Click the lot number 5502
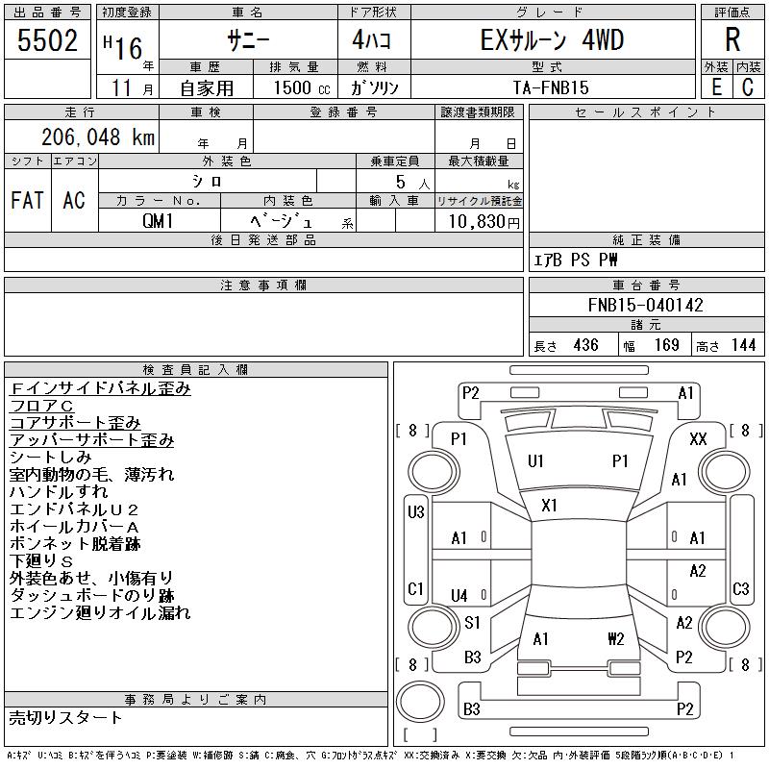(x=47, y=40)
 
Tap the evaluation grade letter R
(x=732, y=39)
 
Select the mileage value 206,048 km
(x=98, y=136)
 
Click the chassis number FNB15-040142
(x=646, y=305)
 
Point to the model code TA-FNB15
(x=551, y=87)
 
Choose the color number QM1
(x=158, y=221)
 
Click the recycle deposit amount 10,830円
(x=484, y=222)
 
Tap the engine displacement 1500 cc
(x=302, y=87)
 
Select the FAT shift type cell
(x=28, y=200)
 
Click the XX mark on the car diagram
(x=698, y=438)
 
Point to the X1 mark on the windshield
(x=549, y=506)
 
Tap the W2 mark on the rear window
(x=616, y=639)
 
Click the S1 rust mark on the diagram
(x=472, y=623)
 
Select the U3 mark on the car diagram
(x=416, y=512)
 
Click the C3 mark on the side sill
(x=740, y=588)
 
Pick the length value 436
(x=586, y=345)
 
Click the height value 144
(x=743, y=345)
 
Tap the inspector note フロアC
(x=41, y=406)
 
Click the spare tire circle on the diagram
(x=420, y=702)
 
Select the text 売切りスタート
(x=65, y=718)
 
